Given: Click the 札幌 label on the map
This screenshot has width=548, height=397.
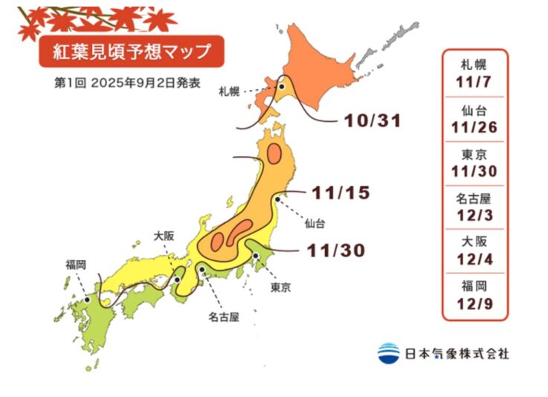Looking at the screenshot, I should [x=228, y=91].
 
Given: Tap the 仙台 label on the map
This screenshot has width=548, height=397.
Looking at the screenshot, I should [x=315, y=222].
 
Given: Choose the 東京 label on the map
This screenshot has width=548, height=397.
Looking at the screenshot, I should [x=280, y=288].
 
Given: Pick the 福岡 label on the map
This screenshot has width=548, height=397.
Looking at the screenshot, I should [x=77, y=264].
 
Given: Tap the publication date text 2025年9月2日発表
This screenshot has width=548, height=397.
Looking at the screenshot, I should [x=146, y=83].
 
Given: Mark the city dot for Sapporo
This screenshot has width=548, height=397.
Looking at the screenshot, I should [x=282, y=87].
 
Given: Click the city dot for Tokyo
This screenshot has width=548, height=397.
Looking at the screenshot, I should [x=257, y=256].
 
